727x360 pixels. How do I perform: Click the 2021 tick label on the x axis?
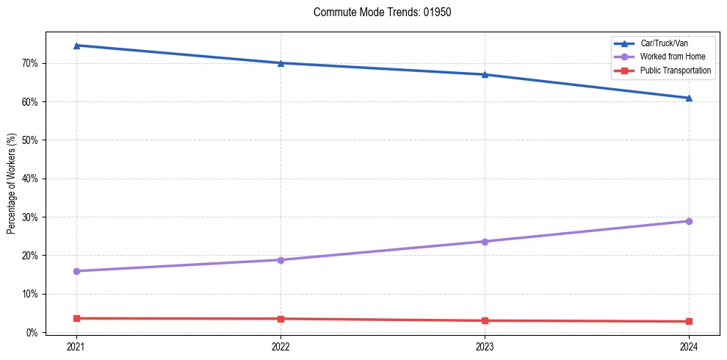point(76,346)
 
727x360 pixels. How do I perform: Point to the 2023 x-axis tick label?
point(485,346)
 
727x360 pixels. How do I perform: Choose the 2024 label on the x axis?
point(689,346)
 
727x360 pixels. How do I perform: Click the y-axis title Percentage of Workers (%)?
point(12,183)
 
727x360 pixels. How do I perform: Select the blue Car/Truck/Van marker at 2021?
point(76,46)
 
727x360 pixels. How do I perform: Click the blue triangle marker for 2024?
point(689,98)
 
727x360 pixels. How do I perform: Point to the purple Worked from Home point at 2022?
point(281,260)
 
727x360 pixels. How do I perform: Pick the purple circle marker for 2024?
point(689,221)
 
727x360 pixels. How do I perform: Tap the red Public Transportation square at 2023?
point(485,320)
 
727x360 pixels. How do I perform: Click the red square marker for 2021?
point(76,318)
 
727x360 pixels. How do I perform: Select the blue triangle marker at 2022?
point(281,63)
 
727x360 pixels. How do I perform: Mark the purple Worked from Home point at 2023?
point(485,242)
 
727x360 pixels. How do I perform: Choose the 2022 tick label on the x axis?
point(281,346)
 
